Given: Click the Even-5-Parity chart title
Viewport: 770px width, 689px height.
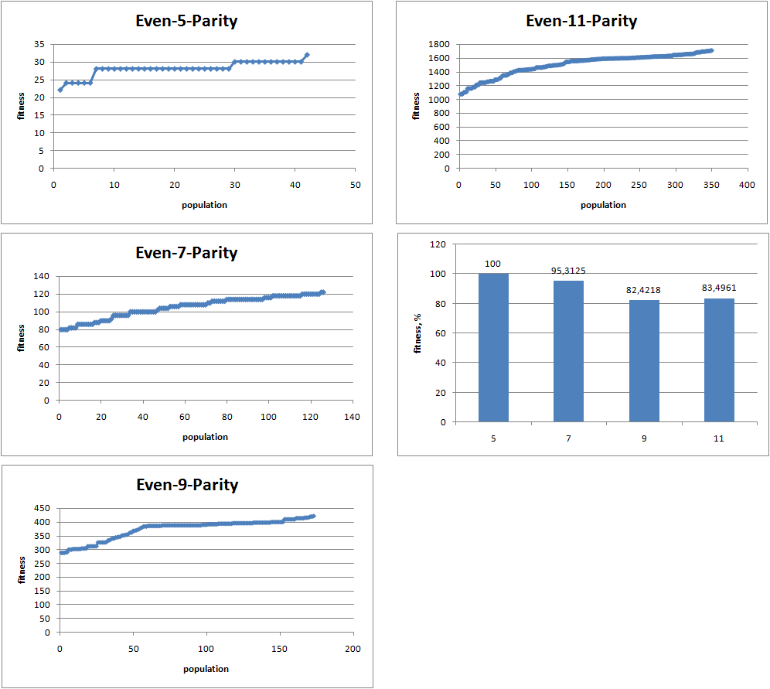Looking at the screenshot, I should pos(186,21).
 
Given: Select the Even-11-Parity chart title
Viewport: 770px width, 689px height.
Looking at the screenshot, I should pos(581,21).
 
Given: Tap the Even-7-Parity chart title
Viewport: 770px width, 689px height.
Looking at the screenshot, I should pos(186,253).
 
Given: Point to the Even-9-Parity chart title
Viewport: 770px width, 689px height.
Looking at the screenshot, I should pos(186,485).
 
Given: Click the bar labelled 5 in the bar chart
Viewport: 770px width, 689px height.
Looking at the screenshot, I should pos(493,348).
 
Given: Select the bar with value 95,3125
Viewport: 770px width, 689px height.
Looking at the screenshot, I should pos(568,352).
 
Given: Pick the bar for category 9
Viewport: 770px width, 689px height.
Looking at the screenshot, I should pos(644,361).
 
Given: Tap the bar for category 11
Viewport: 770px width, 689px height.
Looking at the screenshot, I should pos(719,360).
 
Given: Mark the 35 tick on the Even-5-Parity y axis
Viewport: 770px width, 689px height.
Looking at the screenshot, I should pos(38,44).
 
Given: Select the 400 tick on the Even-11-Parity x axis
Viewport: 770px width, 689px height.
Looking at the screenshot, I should pos(747,186).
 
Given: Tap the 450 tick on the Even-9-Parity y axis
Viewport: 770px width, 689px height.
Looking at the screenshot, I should pos(42,508).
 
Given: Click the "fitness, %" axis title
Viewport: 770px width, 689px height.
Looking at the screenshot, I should pos(419,333).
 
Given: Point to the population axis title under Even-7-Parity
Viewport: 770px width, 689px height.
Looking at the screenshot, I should pos(205,437).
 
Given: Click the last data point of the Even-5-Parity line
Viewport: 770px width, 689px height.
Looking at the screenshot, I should pos(307,55).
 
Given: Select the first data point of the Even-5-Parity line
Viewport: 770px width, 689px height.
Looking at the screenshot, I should pos(60,90).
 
